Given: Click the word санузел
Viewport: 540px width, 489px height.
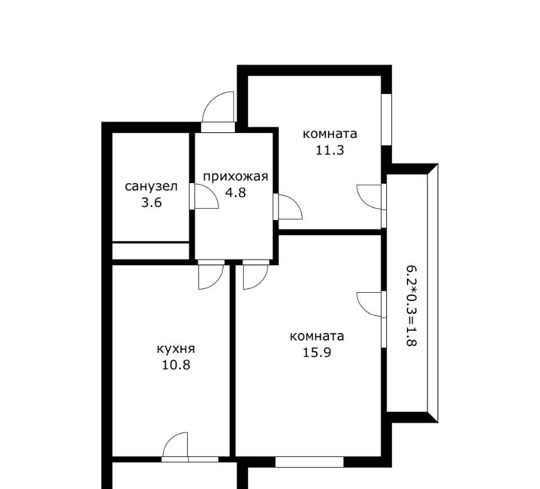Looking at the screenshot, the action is (151, 187).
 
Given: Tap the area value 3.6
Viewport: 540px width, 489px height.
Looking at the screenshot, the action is (151, 202).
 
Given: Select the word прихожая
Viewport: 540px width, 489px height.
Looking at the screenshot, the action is (235, 177).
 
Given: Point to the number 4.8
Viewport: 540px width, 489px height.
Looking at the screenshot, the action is (235, 192).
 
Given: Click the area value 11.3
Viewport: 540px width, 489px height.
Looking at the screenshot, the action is (330, 150).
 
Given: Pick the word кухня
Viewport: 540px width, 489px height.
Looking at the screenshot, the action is (176, 349).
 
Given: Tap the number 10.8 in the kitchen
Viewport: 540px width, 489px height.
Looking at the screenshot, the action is (176, 364).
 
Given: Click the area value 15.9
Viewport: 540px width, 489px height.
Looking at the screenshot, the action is (317, 352).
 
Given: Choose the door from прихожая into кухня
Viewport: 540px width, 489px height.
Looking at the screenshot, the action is (211, 275).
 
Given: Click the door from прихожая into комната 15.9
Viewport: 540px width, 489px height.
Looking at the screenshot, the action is (256, 275).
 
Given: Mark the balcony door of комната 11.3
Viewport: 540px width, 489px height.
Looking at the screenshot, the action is (370, 197).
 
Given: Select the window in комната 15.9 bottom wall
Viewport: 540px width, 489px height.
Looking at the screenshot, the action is (310, 462).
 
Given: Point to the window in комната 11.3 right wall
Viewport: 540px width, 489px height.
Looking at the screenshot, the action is (387, 119).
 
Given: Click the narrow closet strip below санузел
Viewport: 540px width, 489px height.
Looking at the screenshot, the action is (151, 251).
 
